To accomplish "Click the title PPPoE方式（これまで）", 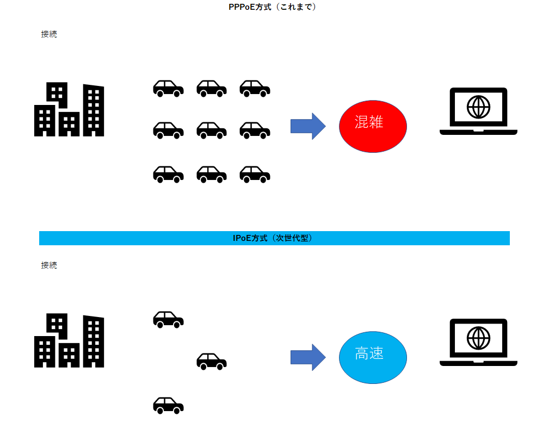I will pyautogui.click(x=273, y=7).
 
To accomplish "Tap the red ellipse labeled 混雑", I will pyautogui.click(x=373, y=126).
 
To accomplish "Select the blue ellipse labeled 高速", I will pyautogui.click(x=373, y=357).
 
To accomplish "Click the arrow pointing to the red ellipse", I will pyautogui.click(x=307, y=126).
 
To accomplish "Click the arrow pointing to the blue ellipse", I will pyautogui.click(x=307, y=357).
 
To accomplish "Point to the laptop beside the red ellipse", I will pyautogui.click(x=478, y=111).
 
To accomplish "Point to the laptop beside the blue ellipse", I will pyautogui.click(x=478, y=343).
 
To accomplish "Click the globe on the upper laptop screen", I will pyautogui.click(x=478, y=107).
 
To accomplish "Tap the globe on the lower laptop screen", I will pyautogui.click(x=478, y=338).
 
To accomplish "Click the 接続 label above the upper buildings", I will pyautogui.click(x=49, y=34).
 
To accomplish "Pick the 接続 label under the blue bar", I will pyautogui.click(x=49, y=265).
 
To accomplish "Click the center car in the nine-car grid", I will pyautogui.click(x=212, y=131).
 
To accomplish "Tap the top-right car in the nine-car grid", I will pyautogui.click(x=255, y=88).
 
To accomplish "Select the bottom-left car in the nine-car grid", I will pyautogui.click(x=168, y=174).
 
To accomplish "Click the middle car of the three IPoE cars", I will pyautogui.click(x=212, y=361).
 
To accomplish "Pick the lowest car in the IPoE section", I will pyautogui.click(x=168, y=405).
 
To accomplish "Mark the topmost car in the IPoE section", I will pyautogui.click(x=168, y=320).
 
